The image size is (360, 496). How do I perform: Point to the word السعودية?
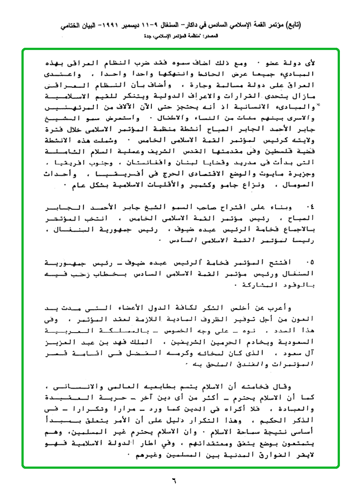[299, 342]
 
